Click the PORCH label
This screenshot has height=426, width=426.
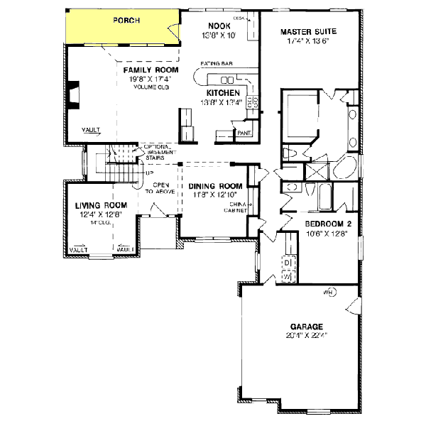pyautogui.click(x=127, y=21)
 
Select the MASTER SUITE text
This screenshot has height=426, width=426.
pyautogui.click(x=307, y=32)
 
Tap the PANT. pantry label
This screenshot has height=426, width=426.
pyautogui.click(x=244, y=133)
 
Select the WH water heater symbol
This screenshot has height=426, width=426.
pyautogui.click(x=328, y=292)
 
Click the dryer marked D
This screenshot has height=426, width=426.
pyautogui.click(x=288, y=263)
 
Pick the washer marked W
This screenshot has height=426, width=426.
pyautogui.click(x=288, y=275)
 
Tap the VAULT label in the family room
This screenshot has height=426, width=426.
pyautogui.click(x=90, y=130)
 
